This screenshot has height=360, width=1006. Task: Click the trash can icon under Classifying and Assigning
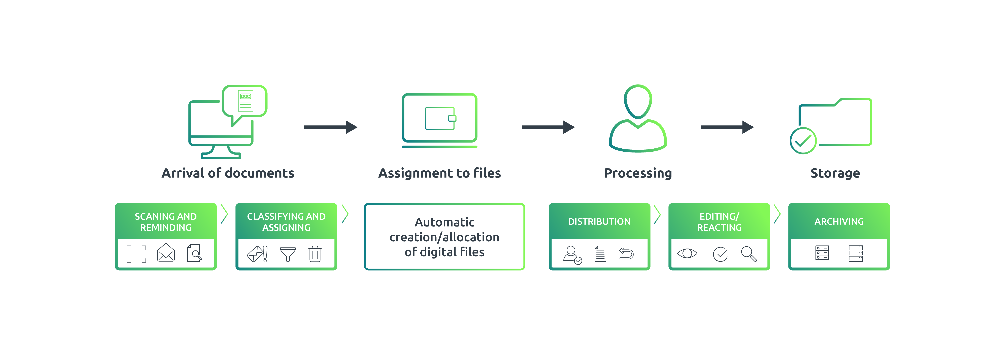pos(315,254)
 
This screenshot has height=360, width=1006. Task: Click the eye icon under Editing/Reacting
pos(687,253)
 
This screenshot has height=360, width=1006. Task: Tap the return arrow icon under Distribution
pos(626,254)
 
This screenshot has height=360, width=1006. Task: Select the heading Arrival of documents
pos(228,173)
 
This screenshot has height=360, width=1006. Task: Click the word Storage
pos(835,173)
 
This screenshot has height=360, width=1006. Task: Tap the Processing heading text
pos(638,173)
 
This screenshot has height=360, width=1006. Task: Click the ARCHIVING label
pos(839,221)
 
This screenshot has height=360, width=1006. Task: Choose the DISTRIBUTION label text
pos(599,221)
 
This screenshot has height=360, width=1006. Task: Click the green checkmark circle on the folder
pos(803,141)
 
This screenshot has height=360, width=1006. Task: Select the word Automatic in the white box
pos(444,222)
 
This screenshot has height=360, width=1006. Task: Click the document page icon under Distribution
pos(600,254)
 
